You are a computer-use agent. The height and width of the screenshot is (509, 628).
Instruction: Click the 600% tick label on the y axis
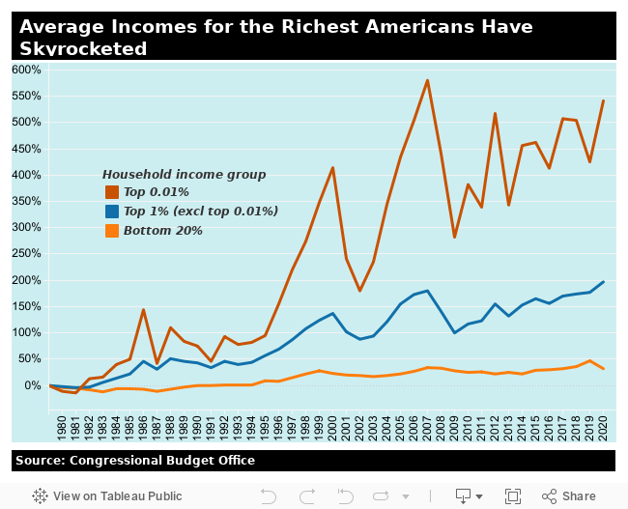click(26, 70)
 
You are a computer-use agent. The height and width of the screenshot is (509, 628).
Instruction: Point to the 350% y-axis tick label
click(26, 201)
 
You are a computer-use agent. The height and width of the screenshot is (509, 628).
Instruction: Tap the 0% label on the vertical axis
click(32, 385)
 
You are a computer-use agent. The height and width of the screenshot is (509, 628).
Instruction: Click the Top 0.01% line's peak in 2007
click(427, 80)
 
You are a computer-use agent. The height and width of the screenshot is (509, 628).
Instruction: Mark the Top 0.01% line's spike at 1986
click(143, 310)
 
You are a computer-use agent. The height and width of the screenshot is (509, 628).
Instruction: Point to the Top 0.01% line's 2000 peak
click(332, 168)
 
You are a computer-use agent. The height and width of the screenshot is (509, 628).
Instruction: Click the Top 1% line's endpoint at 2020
click(604, 282)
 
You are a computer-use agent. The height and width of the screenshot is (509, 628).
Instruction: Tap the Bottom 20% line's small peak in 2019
click(590, 360)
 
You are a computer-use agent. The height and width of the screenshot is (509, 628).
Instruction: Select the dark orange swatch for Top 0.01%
click(112, 192)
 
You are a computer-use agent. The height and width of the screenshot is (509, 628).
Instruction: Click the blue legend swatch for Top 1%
click(112, 212)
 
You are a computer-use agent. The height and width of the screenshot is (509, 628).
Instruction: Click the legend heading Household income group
click(184, 174)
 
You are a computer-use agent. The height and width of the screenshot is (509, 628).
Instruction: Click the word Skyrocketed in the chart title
click(83, 48)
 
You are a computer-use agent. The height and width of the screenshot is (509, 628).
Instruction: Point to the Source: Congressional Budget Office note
click(135, 460)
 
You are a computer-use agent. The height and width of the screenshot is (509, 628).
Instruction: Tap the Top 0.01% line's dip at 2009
click(454, 237)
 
